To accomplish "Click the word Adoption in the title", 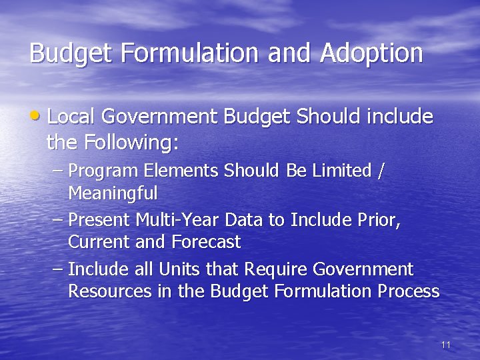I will [371, 53].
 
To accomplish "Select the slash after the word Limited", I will [381, 171].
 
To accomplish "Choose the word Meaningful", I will [113, 194].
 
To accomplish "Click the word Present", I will [99, 220].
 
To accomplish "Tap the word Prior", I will [379, 220].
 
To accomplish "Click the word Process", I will [408, 291].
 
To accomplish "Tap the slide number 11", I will [446, 345].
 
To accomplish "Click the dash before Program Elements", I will [57, 171].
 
